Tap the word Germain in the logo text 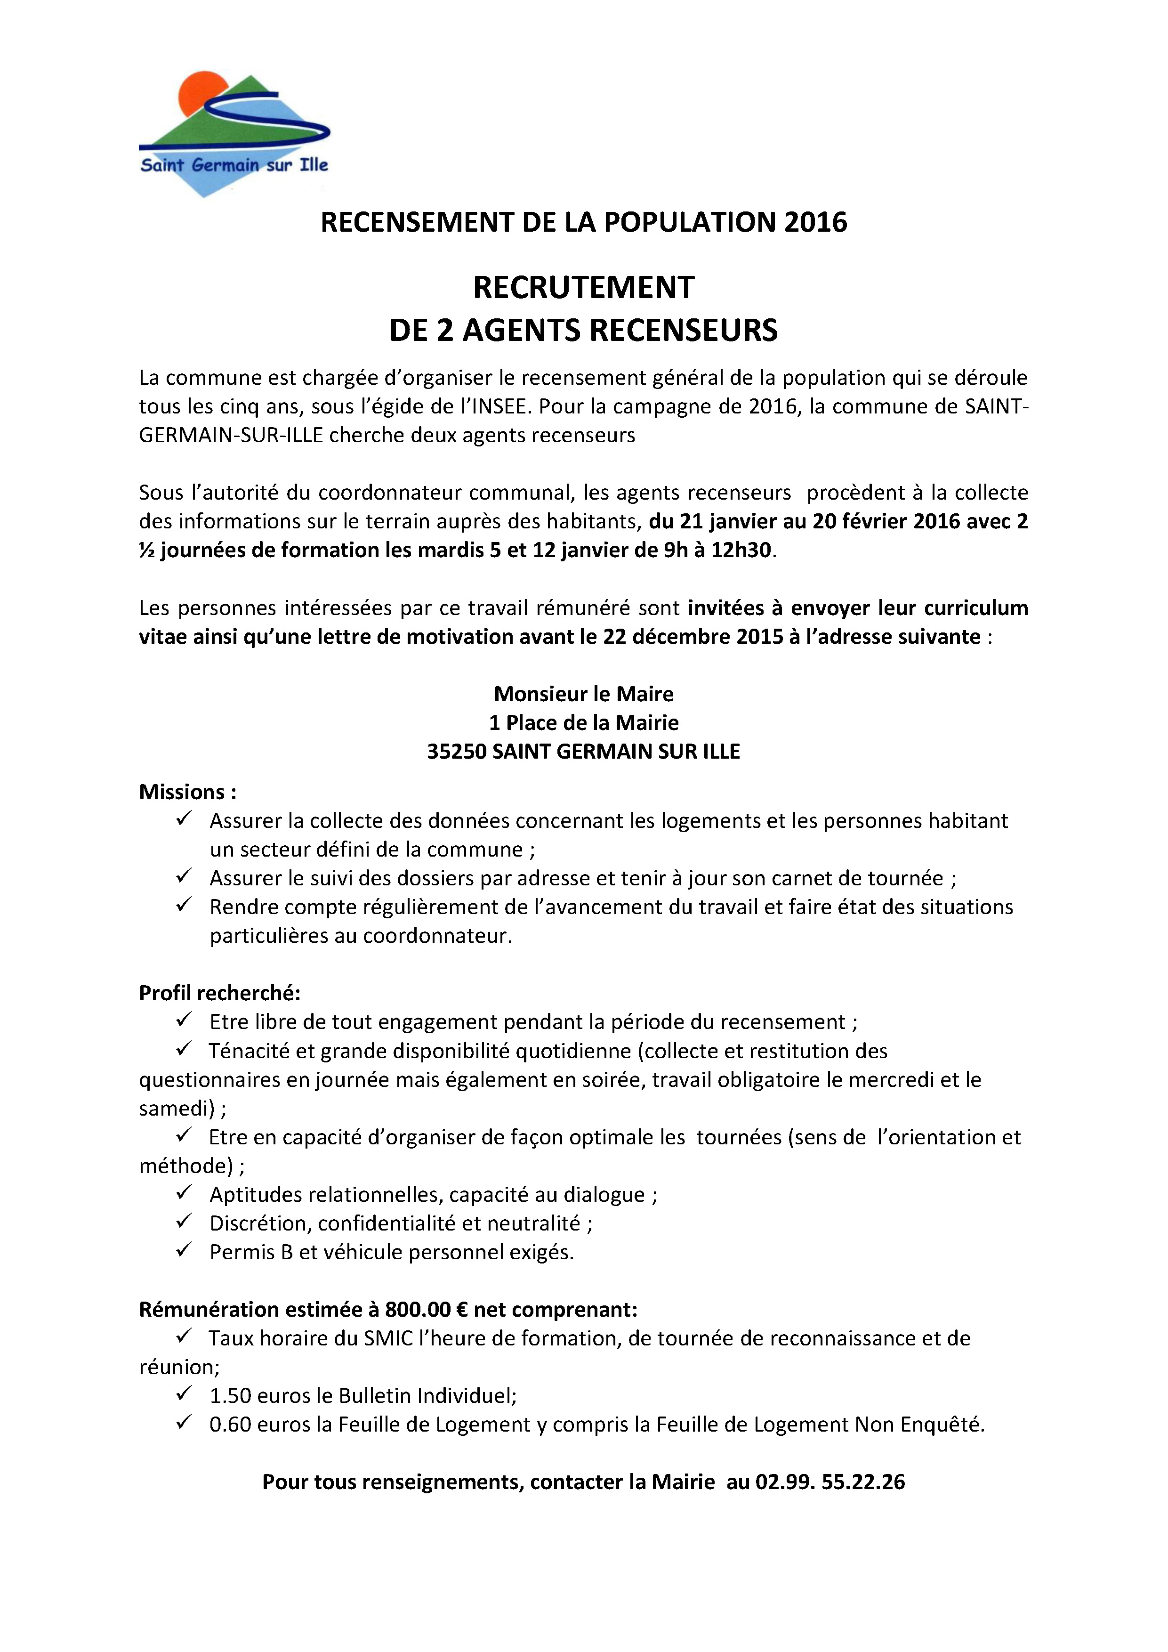(x=225, y=165)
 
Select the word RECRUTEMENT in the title (x=583, y=288)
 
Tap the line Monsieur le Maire (x=583, y=694)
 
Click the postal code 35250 (x=457, y=752)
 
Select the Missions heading (x=187, y=792)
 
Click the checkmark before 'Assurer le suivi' (x=184, y=876)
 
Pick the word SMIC (x=388, y=1338)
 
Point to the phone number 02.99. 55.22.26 (x=829, y=1482)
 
